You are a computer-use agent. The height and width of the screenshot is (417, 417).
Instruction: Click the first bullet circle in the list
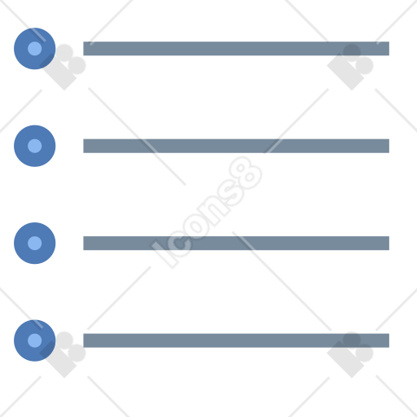[x=35, y=49]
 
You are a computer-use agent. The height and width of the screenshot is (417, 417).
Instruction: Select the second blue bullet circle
[x=35, y=146]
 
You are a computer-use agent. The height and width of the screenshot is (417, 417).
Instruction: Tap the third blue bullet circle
[x=35, y=243]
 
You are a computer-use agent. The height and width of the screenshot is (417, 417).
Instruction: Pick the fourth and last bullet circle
[x=35, y=340]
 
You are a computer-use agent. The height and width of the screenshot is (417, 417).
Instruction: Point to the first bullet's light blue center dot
[x=35, y=49]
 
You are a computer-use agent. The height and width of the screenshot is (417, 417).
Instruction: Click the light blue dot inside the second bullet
[x=35, y=146]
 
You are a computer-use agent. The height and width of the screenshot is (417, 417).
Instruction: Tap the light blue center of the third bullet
[x=35, y=243]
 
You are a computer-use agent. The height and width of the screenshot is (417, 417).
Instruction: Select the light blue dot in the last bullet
[x=35, y=340]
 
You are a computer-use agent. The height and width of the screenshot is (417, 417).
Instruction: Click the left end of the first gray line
[x=84, y=49]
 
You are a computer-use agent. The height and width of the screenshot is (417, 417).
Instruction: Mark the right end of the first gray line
[x=388, y=49]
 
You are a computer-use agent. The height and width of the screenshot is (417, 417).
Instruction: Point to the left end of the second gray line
[x=84, y=146]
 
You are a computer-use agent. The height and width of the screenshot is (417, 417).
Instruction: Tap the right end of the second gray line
[x=388, y=146]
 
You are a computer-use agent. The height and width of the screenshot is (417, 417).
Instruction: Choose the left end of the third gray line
[x=84, y=243]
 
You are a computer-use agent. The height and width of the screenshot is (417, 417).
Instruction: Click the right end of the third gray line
[x=388, y=243]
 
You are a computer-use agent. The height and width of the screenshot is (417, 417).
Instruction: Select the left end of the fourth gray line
[x=84, y=340]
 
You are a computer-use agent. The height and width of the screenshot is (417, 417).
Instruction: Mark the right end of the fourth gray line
[x=388, y=340]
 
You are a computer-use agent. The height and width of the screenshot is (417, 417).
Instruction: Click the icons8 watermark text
[x=206, y=212]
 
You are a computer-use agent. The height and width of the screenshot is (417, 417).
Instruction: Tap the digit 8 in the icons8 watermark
[x=246, y=173]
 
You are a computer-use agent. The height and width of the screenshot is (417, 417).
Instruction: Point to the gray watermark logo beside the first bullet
[x=64, y=67]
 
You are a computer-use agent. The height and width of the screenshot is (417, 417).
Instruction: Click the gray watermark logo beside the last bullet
[x=64, y=354]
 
